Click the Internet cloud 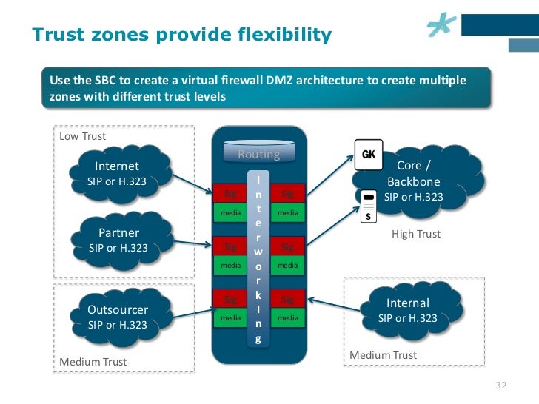coord(118,173)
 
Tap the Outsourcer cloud coord(118,317)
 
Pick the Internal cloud coord(407,311)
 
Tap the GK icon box coord(368,154)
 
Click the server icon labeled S coord(368,206)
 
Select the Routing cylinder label coord(258,155)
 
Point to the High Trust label coord(415,234)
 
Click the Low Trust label coord(82,136)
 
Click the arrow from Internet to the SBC coord(192,183)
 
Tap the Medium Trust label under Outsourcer coord(93,362)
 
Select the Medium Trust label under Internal coord(383,355)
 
